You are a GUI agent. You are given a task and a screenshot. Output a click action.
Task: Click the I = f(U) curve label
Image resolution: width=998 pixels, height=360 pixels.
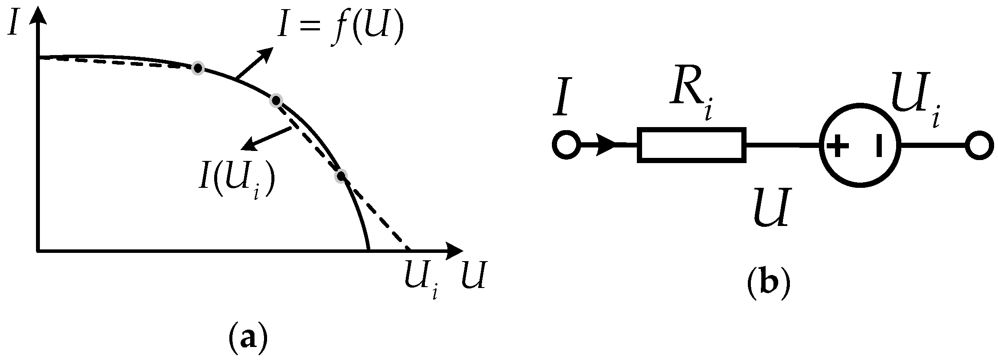point(340,31)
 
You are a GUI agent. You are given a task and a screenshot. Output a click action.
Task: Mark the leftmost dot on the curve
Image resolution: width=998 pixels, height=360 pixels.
point(198,68)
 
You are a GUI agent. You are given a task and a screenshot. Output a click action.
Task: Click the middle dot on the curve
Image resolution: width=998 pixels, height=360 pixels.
point(276,101)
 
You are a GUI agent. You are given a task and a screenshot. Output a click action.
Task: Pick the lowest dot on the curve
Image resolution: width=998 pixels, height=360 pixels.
point(341,176)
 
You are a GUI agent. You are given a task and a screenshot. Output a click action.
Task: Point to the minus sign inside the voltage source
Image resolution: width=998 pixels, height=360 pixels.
point(878,145)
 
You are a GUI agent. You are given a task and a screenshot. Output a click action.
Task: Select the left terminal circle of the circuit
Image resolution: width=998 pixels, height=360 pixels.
point(566,145)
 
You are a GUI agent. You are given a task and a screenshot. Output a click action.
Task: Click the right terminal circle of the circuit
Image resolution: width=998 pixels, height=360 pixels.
point(979,145)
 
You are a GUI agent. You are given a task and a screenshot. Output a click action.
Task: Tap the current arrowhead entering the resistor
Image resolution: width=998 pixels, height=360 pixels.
point(606,145)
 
